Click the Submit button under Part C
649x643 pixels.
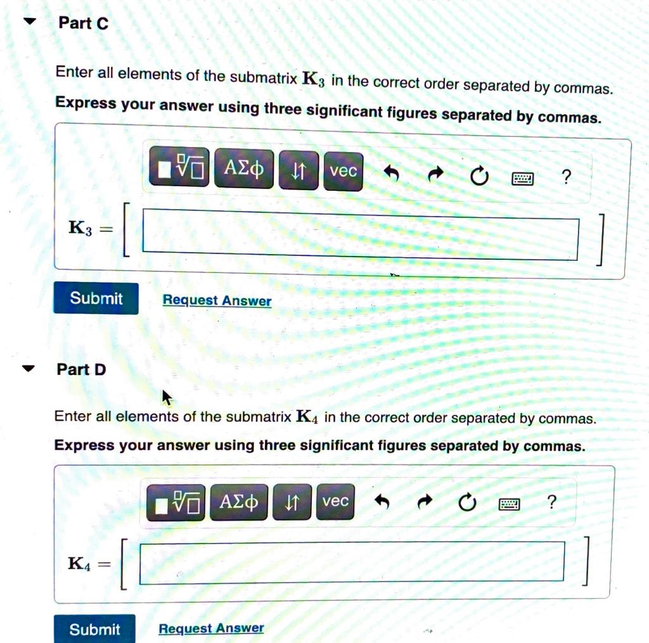pos(96,298)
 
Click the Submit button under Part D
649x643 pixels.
pos(94,629)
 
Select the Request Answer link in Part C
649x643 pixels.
pos(217,300)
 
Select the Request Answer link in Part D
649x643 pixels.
pos(211,628)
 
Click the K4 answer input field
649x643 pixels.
pos(351,561)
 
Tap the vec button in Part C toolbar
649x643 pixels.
pos(343,171)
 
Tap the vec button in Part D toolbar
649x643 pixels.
pos(335,501)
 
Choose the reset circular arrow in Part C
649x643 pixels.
pos(479,176)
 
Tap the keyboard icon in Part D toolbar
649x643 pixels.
pos(509,504)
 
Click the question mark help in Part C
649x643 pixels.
pos(566,177)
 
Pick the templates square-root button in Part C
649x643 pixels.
pos(180,168)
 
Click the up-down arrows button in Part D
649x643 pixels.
pos(292,502)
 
